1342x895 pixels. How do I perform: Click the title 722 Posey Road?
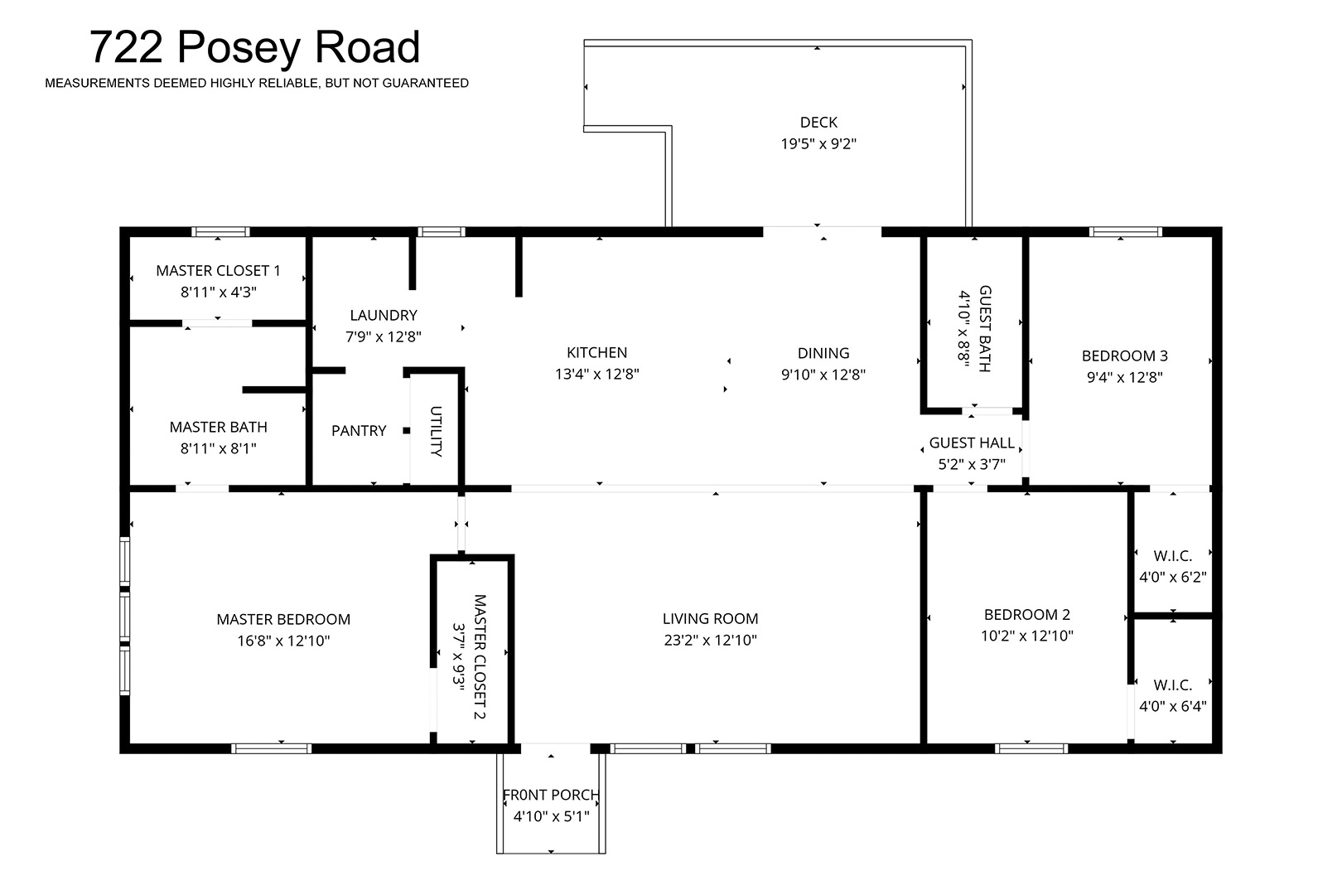254,47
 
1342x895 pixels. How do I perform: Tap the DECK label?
818,123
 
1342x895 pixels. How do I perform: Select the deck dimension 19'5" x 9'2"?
818,144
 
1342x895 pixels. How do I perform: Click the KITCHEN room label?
596,352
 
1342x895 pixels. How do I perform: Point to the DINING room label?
823,353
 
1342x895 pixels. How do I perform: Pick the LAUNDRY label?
384,315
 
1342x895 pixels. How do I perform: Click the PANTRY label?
359,430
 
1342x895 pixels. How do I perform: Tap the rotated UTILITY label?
436,431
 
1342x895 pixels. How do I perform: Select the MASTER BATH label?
218,427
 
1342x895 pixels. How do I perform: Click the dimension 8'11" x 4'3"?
218,292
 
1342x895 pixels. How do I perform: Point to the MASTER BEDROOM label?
283,619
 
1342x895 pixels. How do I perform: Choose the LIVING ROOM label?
710,619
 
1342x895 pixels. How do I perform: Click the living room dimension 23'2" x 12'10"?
710,641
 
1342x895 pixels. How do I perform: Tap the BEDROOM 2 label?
1027,614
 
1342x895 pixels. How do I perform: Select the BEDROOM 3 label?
1124,356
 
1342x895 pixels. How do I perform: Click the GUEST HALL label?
972,443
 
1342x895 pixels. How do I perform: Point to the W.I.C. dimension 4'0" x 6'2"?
1172,578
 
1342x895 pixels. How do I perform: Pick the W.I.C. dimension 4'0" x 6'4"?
1172,706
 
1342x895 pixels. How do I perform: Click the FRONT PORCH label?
551,795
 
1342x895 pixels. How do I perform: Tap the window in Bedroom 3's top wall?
1125,232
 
